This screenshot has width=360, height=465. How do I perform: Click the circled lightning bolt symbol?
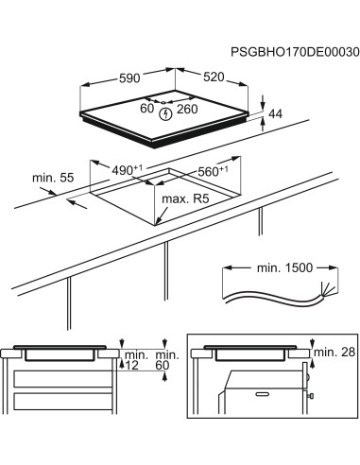coord(167,113)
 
